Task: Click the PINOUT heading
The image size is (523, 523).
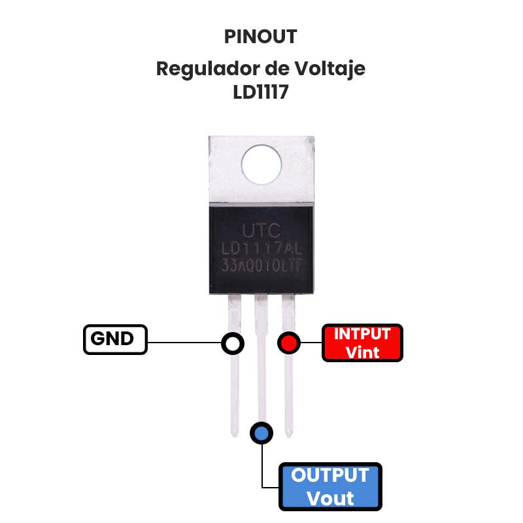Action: pyautogui.click(x=260, y=37)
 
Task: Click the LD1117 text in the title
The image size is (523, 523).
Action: pyautogui.click(x=260, y=92)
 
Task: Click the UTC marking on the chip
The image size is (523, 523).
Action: pyautogui.click(x=261, y=230)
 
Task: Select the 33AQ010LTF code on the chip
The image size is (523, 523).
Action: pyautogui.click(x=261, y=267)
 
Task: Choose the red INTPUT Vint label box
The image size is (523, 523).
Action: pyautogui.click(x=362, y=343)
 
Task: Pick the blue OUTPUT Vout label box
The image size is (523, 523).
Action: pyautogui.click(x=330, y=487)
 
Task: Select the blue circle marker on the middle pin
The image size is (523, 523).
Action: pyautogui.click(x=261, y=432)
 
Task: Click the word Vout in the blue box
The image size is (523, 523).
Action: pyautogui.click(x=330, y=498)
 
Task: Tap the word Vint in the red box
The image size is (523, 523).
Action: pyautogui.click(x=362, y=352)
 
